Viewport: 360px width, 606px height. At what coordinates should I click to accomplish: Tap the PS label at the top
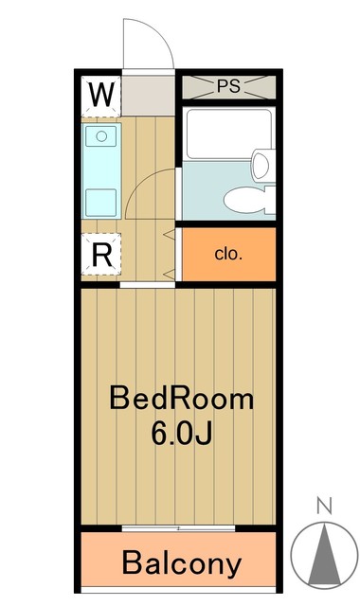tap(227, 85)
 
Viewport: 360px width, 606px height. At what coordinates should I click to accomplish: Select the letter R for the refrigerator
tap(102, 253)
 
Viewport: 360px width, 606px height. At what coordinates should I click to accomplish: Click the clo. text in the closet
tap(227, 254)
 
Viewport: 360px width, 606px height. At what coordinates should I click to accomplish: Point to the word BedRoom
tap(181, 399)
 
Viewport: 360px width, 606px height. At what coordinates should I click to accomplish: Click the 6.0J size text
tap(181, 435)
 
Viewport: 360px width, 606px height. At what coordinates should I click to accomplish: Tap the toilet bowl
tap(248, 199)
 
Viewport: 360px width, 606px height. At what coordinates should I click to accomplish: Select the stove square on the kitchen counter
tap(100, 202)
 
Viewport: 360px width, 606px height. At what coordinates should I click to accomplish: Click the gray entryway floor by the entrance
tap(148, 95)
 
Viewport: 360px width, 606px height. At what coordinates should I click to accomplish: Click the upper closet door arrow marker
tap(170, 233)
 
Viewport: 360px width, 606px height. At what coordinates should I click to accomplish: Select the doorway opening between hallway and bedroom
tap(147, 282)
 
